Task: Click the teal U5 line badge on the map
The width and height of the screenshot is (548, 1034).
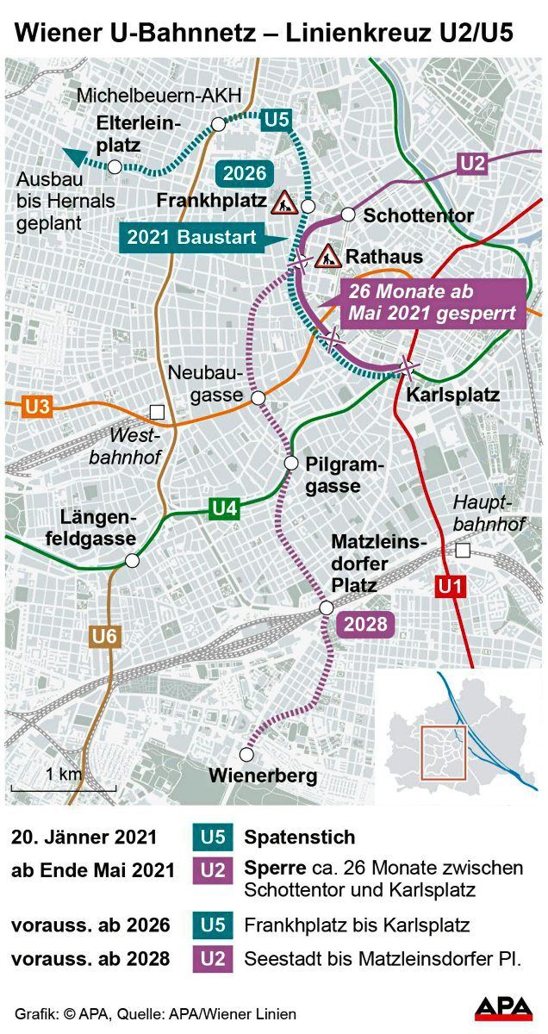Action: [x=276, y=119]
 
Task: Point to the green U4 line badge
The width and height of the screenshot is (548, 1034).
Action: [x=224, y=508]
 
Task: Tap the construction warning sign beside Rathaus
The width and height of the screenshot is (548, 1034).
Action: [x=327, y=256]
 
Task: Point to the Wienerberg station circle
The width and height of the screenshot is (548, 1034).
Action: [x=246, y=755]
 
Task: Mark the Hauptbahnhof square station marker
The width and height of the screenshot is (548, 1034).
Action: [x=464, y=551]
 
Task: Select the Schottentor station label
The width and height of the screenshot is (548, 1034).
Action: [x=418, y=215]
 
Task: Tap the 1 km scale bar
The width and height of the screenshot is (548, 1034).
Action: [x=52, y=788]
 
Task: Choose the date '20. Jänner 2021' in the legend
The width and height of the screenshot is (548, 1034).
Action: [x=84, y=837]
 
